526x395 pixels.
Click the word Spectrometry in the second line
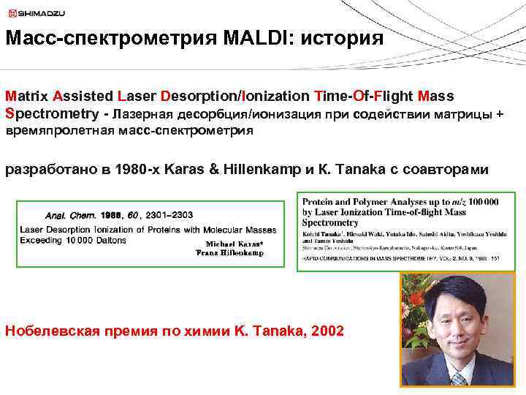[51, 114]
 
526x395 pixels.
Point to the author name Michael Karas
[234, 244]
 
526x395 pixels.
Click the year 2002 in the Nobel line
[327, 331]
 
